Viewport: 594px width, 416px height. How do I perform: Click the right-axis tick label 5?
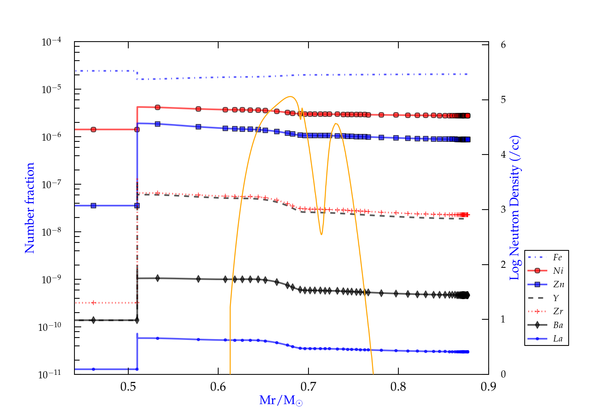tap(503, 99)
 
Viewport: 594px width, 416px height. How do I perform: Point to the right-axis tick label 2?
tap(503, 264)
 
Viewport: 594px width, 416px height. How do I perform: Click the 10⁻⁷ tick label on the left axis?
tap(51, 184)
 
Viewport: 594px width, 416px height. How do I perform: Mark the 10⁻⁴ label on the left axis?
tap(51, 42)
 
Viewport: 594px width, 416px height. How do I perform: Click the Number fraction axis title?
tap(30, 208)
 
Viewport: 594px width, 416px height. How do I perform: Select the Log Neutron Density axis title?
tap(514, 208)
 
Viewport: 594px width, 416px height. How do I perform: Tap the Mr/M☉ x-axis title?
tap(281, 401)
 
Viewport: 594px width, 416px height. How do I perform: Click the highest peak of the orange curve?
tap(290, 96)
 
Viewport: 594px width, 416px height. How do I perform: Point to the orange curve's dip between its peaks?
tap(321, 234)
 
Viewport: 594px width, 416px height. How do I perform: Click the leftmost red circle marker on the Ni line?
tap(93, 130)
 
